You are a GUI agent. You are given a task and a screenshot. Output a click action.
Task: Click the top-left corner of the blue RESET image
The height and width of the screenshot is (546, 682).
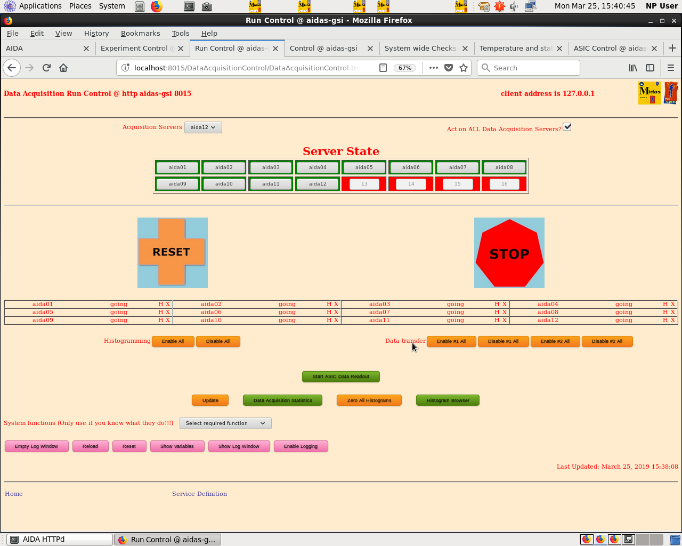coord(137,218)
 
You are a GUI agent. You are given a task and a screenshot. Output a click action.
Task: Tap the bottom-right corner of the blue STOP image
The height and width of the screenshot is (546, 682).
coord(545,288)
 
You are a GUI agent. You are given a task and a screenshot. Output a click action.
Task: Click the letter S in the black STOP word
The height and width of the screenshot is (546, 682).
coord(494,254)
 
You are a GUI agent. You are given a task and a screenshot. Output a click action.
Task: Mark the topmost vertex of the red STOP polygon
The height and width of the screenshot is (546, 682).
coord(509,220)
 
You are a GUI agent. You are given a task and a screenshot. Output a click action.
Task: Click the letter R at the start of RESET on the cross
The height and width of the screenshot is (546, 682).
coord(157,252)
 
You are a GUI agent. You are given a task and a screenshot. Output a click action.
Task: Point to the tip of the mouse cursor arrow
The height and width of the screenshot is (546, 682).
coord(412,343)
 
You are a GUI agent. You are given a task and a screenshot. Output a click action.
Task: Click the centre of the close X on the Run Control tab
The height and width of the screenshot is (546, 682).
coord(275,49)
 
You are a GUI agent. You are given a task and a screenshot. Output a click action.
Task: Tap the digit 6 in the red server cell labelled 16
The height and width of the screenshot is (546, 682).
coord(506,184)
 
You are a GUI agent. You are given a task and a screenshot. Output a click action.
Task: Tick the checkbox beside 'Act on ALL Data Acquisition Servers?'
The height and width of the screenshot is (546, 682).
coord(567,127)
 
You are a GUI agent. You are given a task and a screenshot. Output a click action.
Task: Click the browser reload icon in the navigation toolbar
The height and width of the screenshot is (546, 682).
coord(46,68)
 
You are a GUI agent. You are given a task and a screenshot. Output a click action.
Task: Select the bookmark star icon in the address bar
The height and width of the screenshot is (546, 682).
coord(464,68)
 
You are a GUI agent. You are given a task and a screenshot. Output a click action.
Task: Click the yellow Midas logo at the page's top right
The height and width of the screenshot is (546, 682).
coord(649,93)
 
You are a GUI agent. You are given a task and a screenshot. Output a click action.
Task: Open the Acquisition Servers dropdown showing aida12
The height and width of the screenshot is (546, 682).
coord(203,127)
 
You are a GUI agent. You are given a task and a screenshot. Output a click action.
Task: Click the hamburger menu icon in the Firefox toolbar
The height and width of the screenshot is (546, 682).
coord(671,68)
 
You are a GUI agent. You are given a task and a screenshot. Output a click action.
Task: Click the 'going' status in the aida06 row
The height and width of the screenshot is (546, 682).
coord(287,312)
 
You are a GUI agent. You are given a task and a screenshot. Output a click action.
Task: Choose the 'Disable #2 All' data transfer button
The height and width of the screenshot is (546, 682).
coord(607,341)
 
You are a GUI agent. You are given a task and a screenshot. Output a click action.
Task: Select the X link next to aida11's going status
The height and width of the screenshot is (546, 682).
coord(504,320)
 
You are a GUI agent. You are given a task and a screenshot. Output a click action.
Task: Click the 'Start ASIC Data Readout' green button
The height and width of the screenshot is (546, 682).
coord(340,376)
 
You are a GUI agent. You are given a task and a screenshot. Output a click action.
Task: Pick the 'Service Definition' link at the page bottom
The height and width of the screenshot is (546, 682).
coord(199,494)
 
